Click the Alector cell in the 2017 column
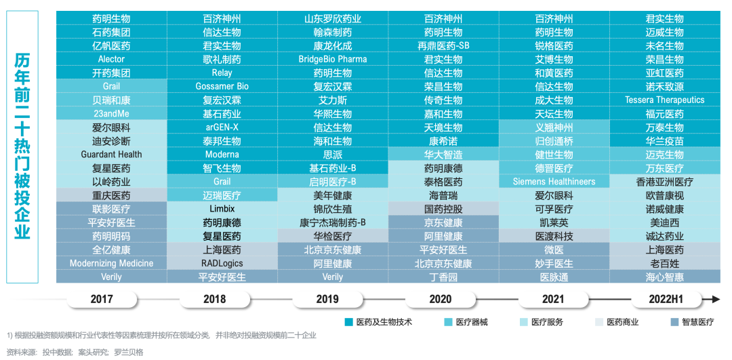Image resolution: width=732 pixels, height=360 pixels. coord(111,60)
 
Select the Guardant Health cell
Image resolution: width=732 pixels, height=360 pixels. coord(111,155)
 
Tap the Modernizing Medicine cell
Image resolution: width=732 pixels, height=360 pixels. coord(111,263)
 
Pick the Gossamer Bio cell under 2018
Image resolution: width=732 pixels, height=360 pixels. coord(222,87)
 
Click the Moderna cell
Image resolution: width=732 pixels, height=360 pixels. coord(222,155)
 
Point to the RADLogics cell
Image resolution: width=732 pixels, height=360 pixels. coord(222,263)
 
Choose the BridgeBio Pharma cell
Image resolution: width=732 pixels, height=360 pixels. coord(332,60)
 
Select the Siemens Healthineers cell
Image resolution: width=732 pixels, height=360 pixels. coord(554,182)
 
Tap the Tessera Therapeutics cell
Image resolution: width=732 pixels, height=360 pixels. coord(664,100)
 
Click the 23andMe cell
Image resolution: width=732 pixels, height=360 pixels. coord(111,114)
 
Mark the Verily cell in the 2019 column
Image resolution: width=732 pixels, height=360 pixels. coord(332,277)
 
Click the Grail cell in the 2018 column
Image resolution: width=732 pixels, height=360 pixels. coord(222,182)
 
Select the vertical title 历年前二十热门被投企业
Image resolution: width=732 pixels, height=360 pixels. coord(22,146)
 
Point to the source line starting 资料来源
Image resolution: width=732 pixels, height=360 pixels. coord(75,352)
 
